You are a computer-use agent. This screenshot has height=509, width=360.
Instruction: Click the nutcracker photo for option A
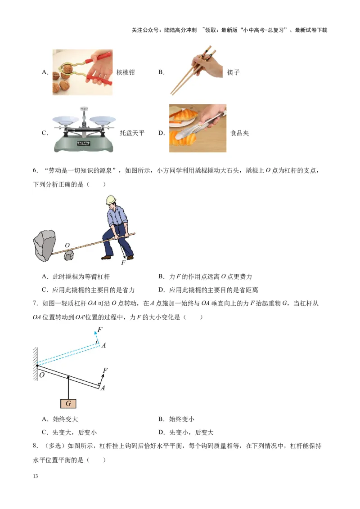[82, 72]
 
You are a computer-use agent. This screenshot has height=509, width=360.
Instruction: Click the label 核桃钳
[126, 72]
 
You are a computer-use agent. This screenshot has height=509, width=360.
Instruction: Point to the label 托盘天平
[132, 133]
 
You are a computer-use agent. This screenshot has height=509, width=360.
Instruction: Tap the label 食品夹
[239, 133]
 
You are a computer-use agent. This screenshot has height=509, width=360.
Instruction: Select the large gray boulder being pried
[45, 245]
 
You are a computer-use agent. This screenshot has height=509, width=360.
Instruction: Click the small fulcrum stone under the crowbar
[69, 255]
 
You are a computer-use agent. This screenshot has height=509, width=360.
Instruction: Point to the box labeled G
[68, 403]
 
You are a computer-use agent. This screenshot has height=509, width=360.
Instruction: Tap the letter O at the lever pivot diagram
[41, 375]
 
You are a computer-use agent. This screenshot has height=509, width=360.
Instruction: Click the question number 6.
[35, 171]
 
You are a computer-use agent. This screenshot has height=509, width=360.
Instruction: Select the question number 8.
[35, 446]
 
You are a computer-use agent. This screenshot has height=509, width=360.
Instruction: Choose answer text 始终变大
[65, 419]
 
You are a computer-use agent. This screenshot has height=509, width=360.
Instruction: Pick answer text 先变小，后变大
[191, 433]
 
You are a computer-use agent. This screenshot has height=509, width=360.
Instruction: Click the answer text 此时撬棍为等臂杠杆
[81, 277]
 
